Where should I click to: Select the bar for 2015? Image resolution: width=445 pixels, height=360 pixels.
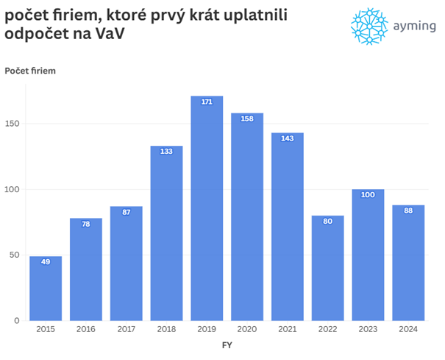(x=46, y=289)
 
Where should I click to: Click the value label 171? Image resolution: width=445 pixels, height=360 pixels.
(x=207, y=102)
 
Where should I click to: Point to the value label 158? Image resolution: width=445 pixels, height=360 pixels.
(x=247, y=119)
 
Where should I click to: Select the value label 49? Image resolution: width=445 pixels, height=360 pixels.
(x=46, y=262)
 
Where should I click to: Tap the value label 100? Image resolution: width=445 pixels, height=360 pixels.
(x=368, y=194)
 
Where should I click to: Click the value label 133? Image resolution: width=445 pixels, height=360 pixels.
(x=166, y=152)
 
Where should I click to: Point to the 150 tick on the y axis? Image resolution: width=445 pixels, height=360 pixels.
(x=14, y=124)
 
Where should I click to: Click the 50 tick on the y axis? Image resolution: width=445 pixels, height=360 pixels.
(x=16, y=255)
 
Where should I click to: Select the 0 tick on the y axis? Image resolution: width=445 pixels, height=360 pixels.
(x=18, y=321)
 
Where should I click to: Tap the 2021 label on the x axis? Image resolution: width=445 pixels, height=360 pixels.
(x=287, y=330)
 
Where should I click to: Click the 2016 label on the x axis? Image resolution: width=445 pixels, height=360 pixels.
(x=86, y=330)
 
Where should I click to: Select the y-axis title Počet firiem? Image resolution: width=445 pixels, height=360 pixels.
(x=30, y=71)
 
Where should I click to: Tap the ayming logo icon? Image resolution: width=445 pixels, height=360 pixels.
(x=369, y=27)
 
